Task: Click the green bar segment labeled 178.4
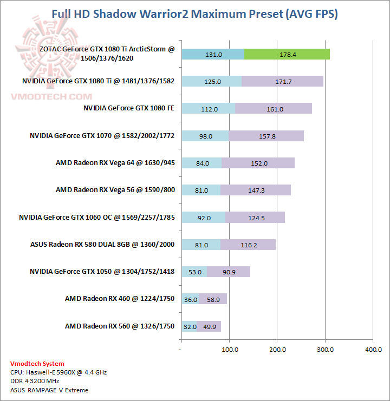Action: tap(287, 54)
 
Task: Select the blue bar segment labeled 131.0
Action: tap(213, 54)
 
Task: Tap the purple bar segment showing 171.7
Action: tap(282, 81)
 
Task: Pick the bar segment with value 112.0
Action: tap(208, 109)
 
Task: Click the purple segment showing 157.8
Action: tap(266, 136)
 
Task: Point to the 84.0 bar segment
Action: tap(201, 163)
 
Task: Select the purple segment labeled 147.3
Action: tap(256, 190)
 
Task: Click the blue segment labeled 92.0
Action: tap(203, 218)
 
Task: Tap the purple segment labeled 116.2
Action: tap(249, 245)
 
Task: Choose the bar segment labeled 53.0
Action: tap(194, 272)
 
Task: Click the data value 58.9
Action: tap(213, 299)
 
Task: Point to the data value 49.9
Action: tap(209, 326)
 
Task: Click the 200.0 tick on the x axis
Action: tap(277, 350)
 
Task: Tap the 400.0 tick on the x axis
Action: tap(373, 350)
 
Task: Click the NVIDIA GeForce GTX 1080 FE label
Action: tap(129, 108)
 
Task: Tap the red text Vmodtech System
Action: tap(37, 364)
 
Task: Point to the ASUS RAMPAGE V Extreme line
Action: tap(49, 390)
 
